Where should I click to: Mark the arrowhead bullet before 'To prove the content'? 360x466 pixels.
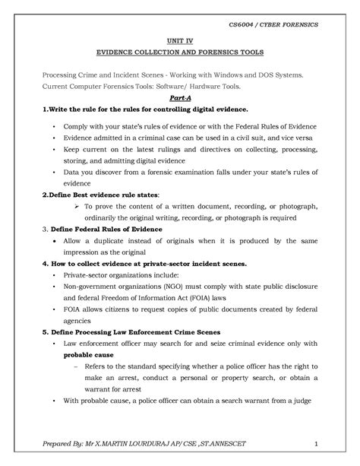tap(75, 205)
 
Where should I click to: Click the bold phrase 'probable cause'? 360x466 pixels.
tap(87, 354)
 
